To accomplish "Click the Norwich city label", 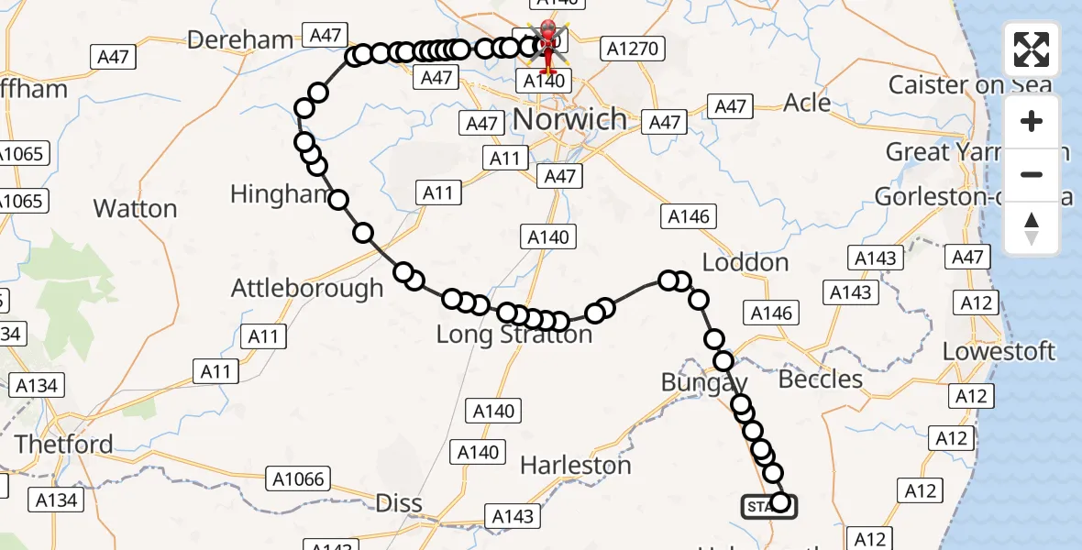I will coord(569,119).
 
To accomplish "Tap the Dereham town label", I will coord(240,39).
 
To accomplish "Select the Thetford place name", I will coord(64,445).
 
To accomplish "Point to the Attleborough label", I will coord(307,288).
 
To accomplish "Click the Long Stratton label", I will coord(513,335).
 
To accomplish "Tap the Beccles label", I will coord(820,379).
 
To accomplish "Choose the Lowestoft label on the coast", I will coord(999,351).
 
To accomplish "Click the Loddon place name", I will coord(745,263).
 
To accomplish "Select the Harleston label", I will coord(575,466).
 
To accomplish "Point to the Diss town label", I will coord(399,502).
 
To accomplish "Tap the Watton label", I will coord(135,209).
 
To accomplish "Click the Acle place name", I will coord(807,103).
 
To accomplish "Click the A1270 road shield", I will coord(631,49).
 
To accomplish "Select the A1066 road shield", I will coord(298,478).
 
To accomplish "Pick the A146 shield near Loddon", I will coord(771,313).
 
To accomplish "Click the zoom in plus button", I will coord(1032,122).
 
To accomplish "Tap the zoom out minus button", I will coord(1032,174).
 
